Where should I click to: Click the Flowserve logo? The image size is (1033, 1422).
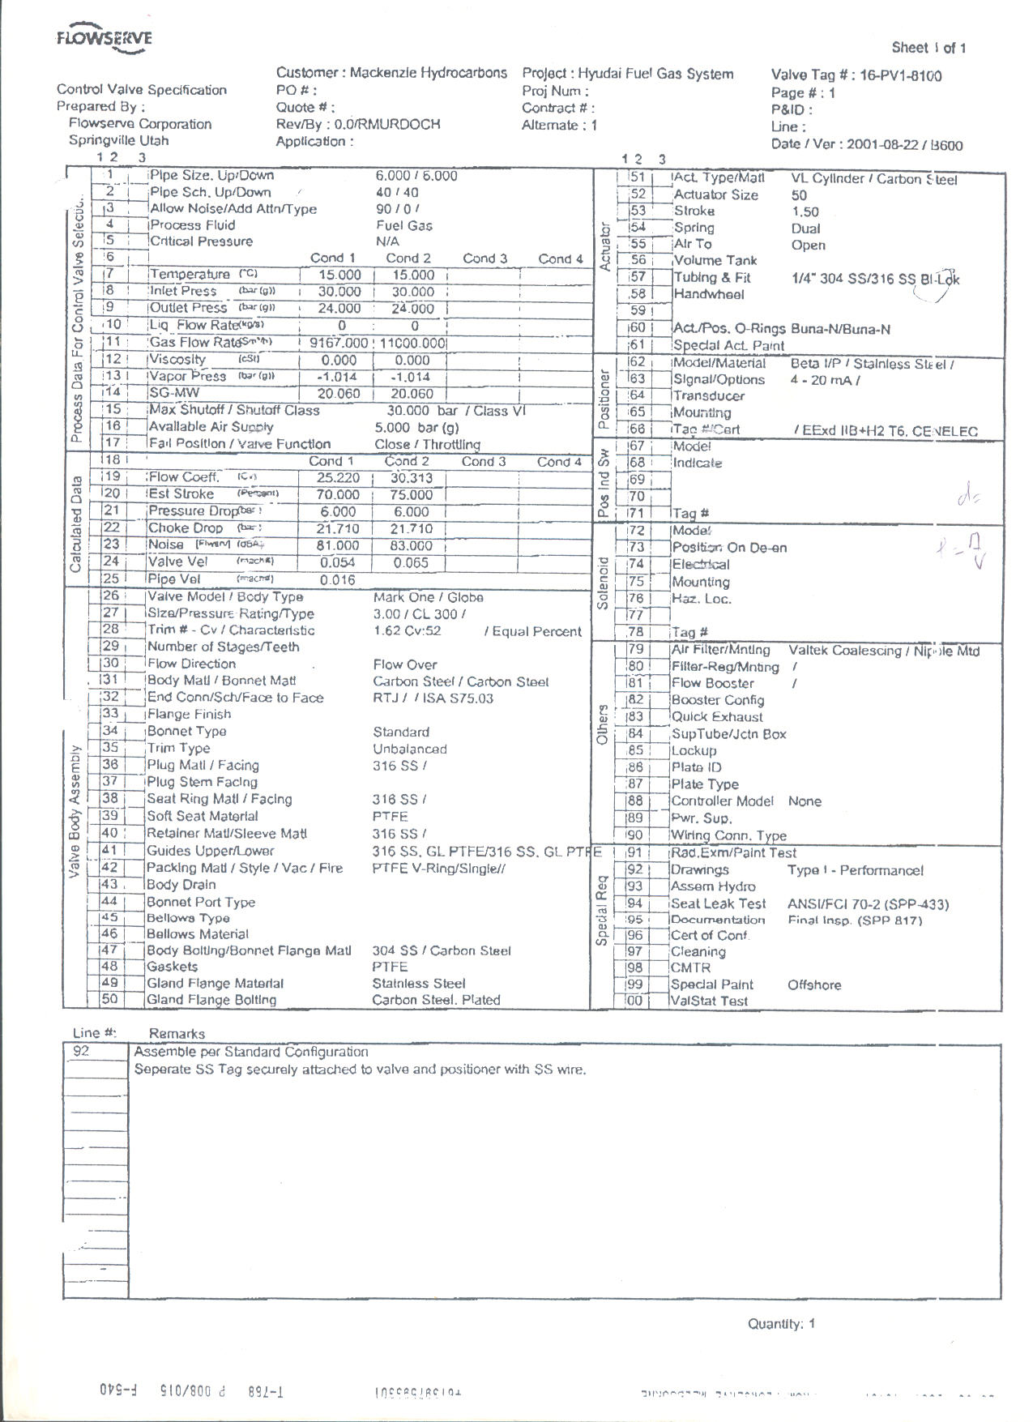pos(105,41)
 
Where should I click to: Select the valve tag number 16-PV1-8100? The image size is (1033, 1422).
pos(901,76)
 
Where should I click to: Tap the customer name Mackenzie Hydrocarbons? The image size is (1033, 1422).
pos(429,73)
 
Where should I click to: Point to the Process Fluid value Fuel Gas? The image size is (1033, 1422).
pos(404,225)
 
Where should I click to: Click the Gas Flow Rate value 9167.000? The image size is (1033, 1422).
pos(339,343)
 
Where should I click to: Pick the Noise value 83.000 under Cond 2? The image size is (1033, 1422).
pos(412,546)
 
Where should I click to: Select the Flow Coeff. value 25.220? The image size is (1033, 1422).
pos(338,478)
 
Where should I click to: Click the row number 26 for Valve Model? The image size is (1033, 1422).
pos(110,596)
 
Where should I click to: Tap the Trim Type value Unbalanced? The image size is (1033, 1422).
pos(409,749)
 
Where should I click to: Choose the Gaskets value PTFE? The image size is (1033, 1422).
pos(390,967)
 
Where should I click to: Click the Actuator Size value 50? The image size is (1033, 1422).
pos(799,195)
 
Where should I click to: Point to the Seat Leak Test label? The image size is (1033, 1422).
pos(718,903)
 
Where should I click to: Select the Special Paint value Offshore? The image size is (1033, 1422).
pos(814,985)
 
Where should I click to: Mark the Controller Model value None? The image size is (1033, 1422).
pos(805,801)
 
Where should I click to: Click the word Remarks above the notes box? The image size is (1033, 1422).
pos(177,1034)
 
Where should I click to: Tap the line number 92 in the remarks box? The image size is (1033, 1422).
pos(81,1052)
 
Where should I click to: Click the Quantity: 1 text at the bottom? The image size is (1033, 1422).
pos(781,1324)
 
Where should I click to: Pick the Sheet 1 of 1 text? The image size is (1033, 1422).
pos(928,48)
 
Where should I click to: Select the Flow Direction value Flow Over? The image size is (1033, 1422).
pos(405,664)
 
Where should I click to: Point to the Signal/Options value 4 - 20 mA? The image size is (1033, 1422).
pos(822,380)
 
